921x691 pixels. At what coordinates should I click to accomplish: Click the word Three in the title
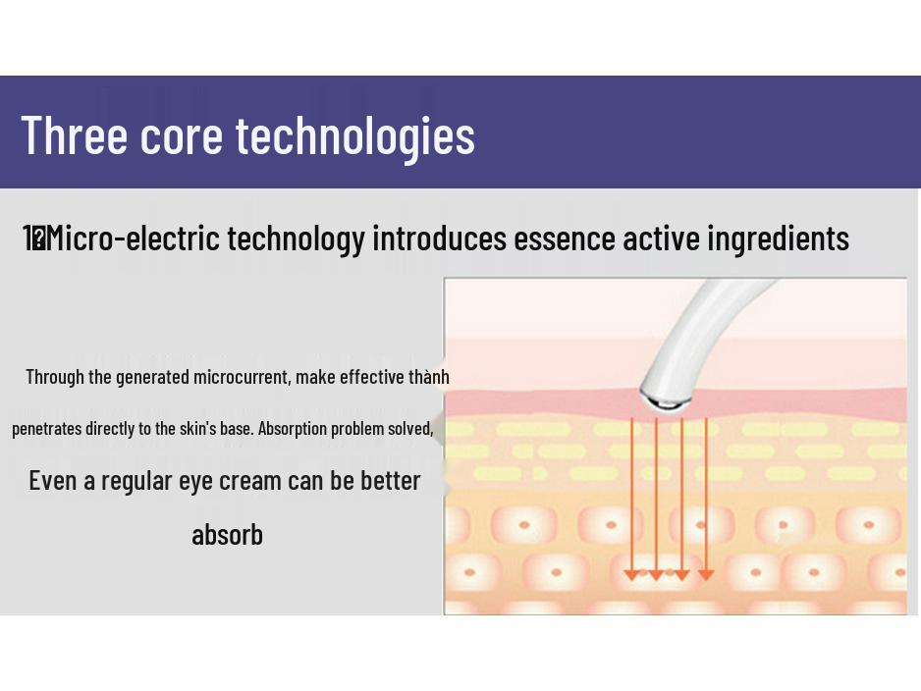[75, 134]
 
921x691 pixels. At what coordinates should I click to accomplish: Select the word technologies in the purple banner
[355, 135]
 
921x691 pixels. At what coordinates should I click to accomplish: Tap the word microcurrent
[241, 377]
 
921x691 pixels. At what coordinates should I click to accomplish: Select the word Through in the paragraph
[55, 377]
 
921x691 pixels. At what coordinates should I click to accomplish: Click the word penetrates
[46, 429]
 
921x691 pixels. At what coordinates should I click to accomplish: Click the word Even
[53, 480]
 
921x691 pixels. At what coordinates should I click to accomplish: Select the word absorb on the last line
[227, 535]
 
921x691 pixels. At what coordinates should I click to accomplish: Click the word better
[390, 480]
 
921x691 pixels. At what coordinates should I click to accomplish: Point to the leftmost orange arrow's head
[632, 574]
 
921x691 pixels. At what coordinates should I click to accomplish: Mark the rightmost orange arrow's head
[705, 574]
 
